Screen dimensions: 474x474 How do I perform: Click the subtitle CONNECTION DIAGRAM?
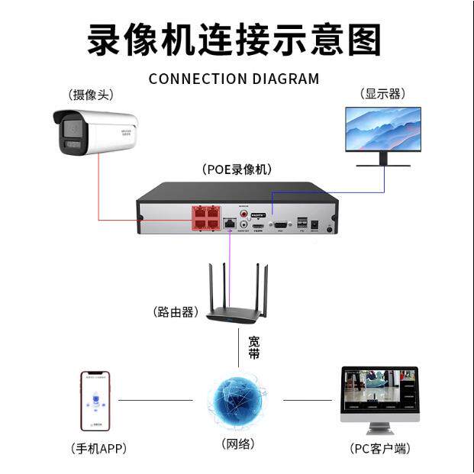(234, 79)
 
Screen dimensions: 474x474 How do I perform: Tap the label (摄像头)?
(90, 95)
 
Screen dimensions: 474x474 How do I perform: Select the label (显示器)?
(382, 94)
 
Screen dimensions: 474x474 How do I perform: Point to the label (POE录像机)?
(237, 169)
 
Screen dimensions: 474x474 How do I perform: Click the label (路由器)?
(176, 311)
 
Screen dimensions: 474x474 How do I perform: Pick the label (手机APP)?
(98, 448)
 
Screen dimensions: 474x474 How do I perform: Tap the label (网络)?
(237, 443)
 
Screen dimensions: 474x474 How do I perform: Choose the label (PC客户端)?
(379, 448)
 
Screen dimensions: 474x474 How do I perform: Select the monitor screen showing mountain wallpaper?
(382, 129)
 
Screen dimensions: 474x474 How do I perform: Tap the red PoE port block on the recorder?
(204, 219)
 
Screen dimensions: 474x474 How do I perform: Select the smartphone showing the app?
(95, 401)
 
